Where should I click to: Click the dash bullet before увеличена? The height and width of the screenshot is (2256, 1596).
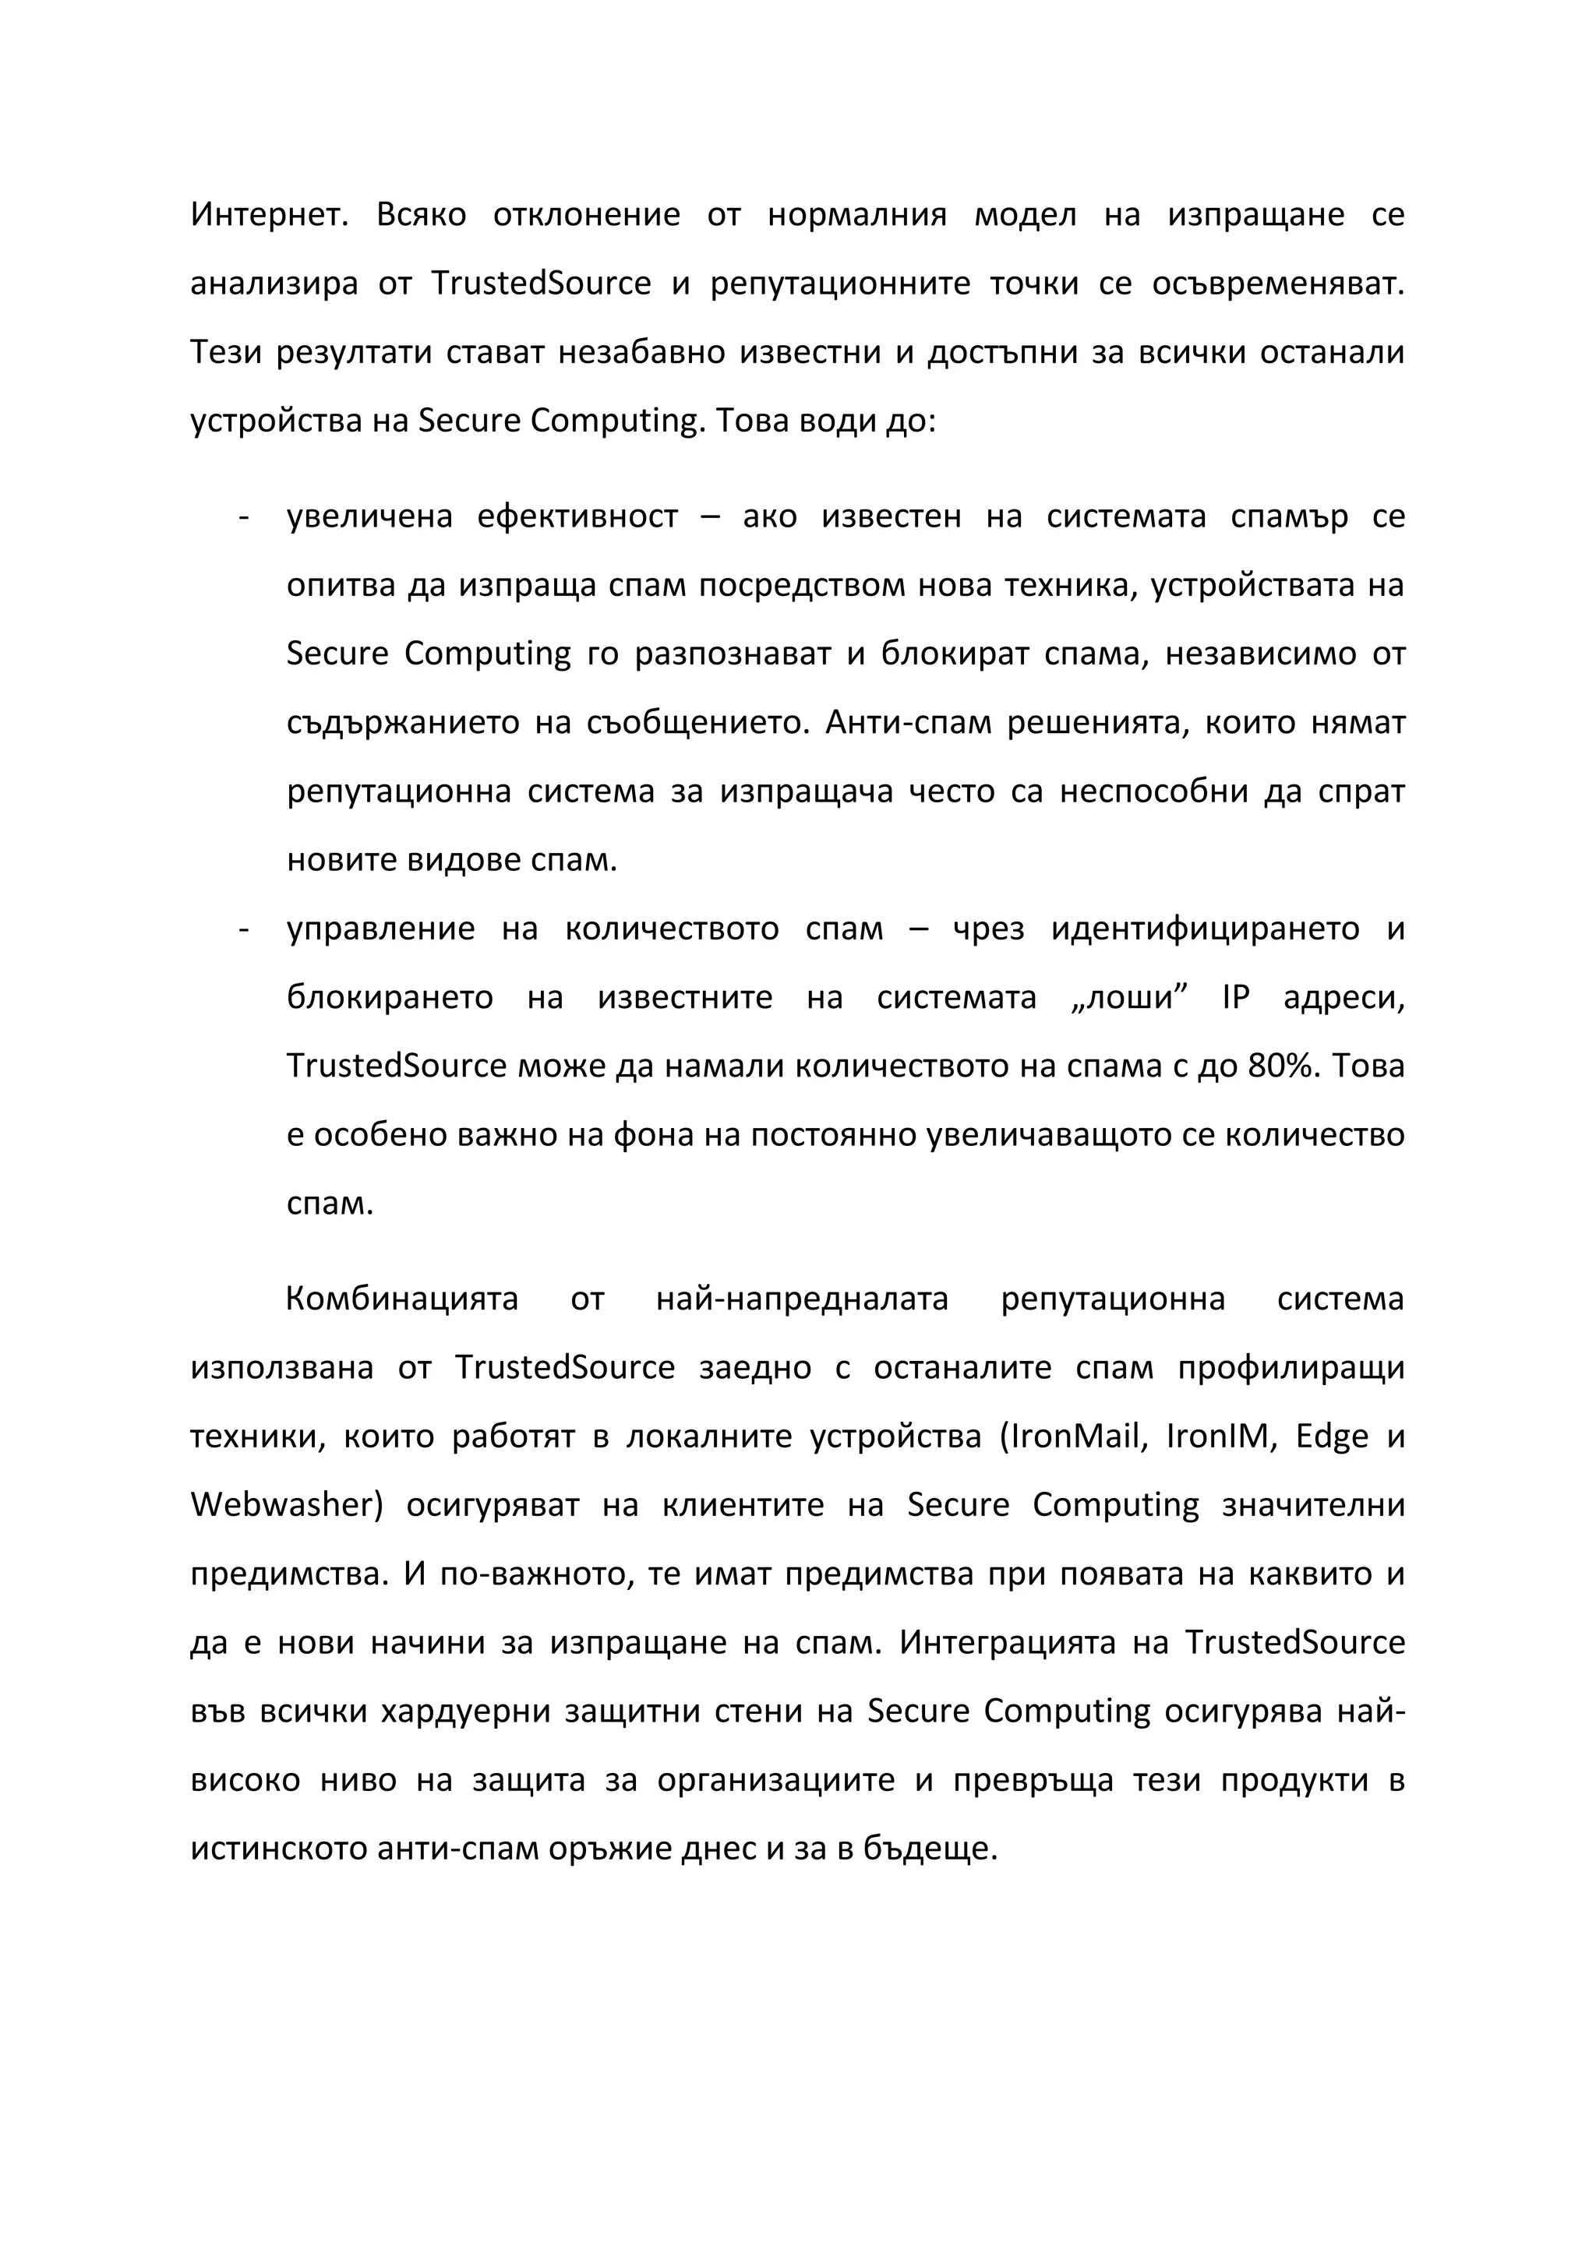242,516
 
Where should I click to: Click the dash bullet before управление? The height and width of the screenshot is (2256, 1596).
242,929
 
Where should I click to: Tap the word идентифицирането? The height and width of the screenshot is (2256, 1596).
1205,929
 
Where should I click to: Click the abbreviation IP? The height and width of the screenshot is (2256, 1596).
1235,997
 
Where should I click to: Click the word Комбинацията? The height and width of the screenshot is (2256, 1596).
401,1300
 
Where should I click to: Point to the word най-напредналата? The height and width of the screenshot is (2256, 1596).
801,1300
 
